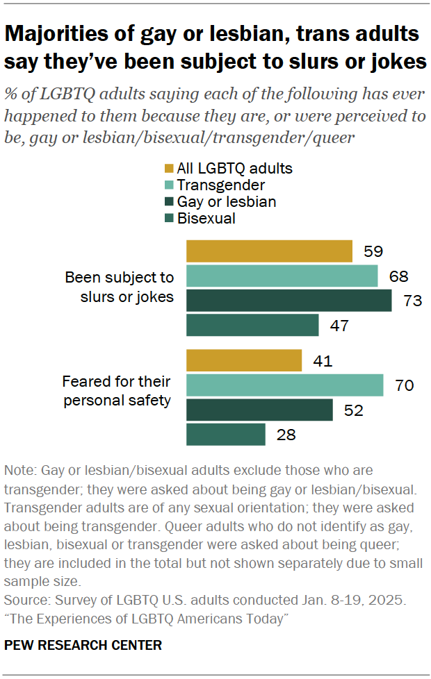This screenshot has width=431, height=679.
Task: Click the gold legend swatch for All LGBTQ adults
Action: pyautogui.click(x=169, y=169)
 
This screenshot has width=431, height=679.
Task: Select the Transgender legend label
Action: pyautogui.click(x=221, y=185)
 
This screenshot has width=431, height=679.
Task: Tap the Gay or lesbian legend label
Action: pyautogui.click(x=227, y=201)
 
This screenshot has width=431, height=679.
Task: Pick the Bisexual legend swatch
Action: pyautogui.click(x=169, y=218)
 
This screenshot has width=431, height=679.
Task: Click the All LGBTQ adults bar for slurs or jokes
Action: pyautogui.click(x=269, y=251)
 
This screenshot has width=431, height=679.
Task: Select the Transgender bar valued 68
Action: pyautogui.click(x=282, y=276)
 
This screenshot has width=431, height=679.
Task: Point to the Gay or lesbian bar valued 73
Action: pyautogui.click(x=288, y=301)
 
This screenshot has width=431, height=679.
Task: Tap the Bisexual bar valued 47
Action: pyautogui.click(x=252, y=325)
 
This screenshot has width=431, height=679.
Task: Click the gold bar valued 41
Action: pyautogui.click(x=244, y=360)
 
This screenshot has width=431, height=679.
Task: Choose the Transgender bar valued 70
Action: pyautogui.click(x=284, y=385)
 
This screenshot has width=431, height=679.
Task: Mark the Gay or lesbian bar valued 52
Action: pyautogui.click(x=259, y=410)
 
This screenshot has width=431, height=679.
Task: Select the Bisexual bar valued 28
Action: pyautogui.click(x=226, y=435)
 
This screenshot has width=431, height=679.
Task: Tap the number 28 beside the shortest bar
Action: pyautogui.click(x=286, y=435)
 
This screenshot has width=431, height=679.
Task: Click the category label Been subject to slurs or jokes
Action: pyautogui.click(x=119, y=287)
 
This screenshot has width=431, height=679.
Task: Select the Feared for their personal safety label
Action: pyautogui.click(x=116, y=392)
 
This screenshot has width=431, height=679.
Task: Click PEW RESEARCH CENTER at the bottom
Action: pyautogui.click(x=83, y=645)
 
